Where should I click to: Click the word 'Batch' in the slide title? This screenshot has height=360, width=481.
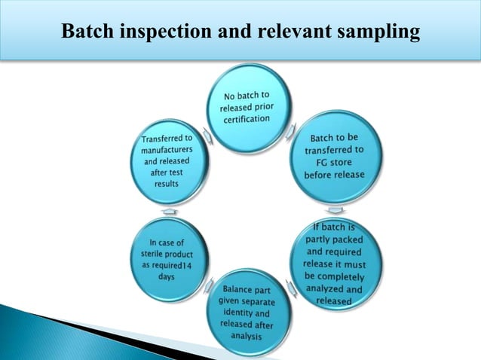[x=84, y=33]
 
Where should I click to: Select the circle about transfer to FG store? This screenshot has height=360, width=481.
[x=333, y=157]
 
